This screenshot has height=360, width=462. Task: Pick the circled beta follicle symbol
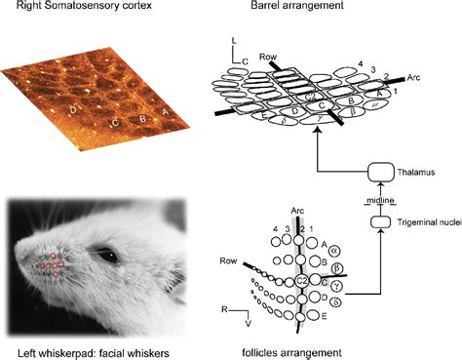(x=337, y=266)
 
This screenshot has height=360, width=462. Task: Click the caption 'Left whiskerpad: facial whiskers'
(x=91, y=350)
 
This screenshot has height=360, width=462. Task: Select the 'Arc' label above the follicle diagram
(x=297, y=209)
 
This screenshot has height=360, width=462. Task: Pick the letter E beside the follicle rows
(x=325, y=317)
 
